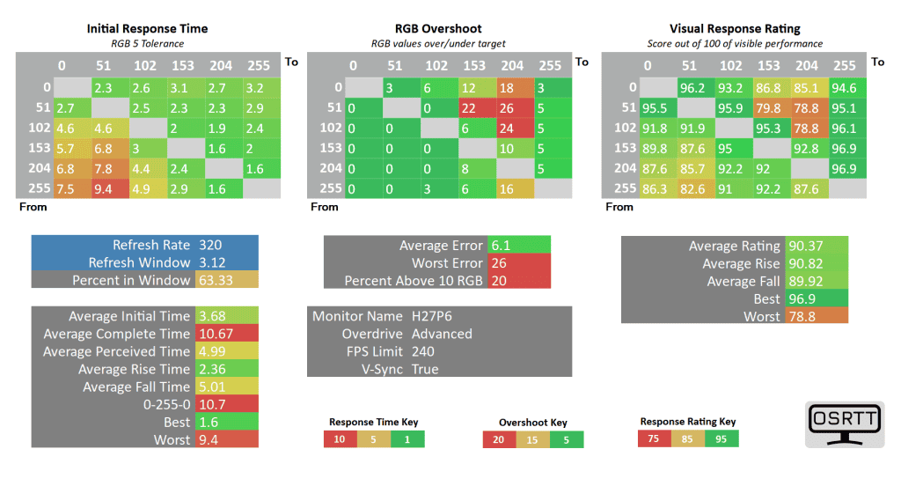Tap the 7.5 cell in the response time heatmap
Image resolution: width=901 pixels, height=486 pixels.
tap(65, 187)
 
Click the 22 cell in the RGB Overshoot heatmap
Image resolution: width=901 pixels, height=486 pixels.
tap(469, 107)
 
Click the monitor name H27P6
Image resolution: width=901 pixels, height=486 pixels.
tap(432, 316)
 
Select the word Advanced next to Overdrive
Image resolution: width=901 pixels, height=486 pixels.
tap(442, 334)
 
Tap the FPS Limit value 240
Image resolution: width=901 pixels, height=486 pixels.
tap(423, 351)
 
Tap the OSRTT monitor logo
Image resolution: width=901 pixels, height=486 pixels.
tap(844, 424)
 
